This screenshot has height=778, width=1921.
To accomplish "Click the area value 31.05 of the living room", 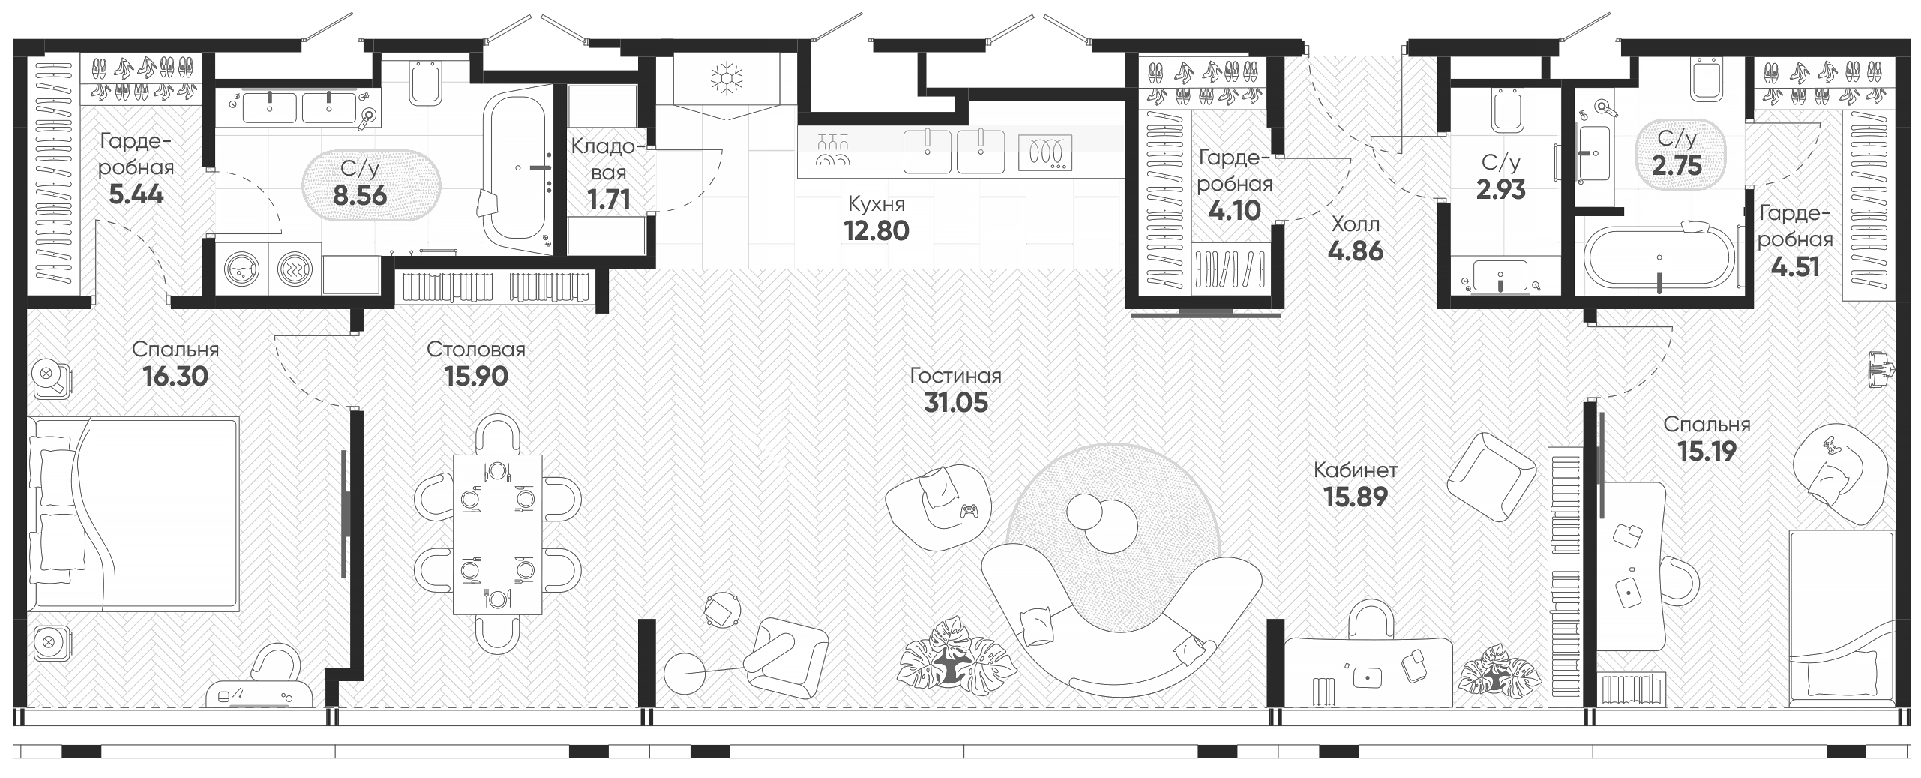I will pyautogui.click(x=955, y=403).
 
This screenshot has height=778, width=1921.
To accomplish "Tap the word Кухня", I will pyautogui.click(x=876, y=203).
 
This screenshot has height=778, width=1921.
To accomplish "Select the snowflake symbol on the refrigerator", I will pyautogui.click(x=724, y=77).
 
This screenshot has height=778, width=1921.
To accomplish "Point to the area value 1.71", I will pyautogui.click(x=608, y=199).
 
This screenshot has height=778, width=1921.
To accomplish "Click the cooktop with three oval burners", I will pyautogui.click(x=1044, y=153).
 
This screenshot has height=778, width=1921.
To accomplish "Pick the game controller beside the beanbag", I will pyautogui.click(x=970, y=511).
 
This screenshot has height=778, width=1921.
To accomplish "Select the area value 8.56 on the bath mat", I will pyautogui.click(x=361, y=195).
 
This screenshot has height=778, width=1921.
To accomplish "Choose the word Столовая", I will pyautogui.click(x=476, y=350).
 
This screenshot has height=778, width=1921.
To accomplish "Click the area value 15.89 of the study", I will pyautogui.click(x=1356, y=496).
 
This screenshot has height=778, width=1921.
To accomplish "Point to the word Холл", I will pyautogui.click(x=1355, y=224).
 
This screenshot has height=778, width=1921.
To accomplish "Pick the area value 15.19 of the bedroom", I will pyautogui.click(x=1706, y=451).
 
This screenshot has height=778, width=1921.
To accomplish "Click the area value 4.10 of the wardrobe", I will pyautogui.click(x=1234, y=210).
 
